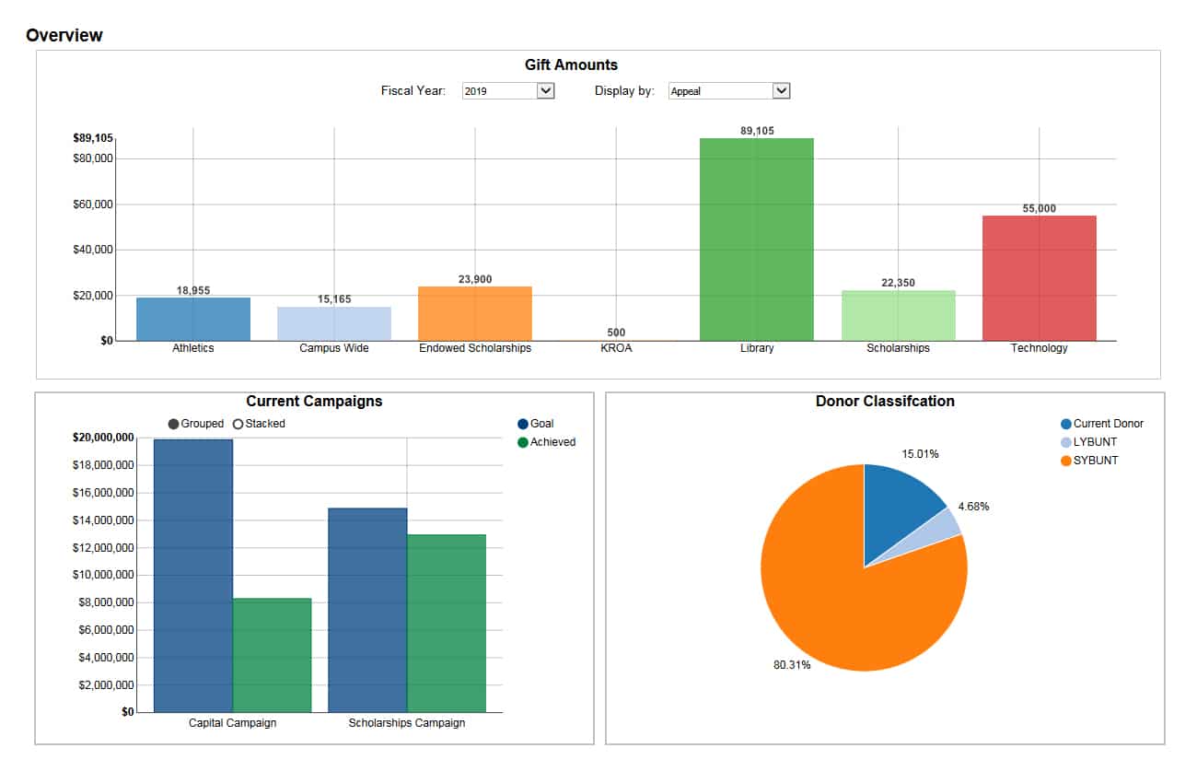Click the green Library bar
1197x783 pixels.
pyautogui.click(x=756, y=240)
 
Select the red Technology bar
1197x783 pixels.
pyautogui.click(x=1039, y=278)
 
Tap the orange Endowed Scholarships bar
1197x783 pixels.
pyautogui.click(x=474, y=313)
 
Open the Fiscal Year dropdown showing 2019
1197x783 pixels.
pyautogui.click(x=507, y=91)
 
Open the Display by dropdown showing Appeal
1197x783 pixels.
pyautogui.click(x=728, y=91)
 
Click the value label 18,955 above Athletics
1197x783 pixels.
pyautogui.click(x=193, y=290)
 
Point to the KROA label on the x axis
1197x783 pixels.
pyautogui.click(x=616, y=348)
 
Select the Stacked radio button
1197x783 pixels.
pyautogui.click(x=238, y=424)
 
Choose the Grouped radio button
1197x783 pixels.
pyautogui.click(x=174, y=424)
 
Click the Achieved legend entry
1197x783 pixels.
pyautogui.click(x=551, y=442)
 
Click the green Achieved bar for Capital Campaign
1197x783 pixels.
pyautogui.click(x=272, y=655)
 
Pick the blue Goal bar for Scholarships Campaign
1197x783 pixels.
pyautogui.click(x=367, y=610)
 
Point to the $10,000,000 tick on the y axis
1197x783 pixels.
pyautogui.click(x=103, y=575)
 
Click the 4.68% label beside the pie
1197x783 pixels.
pyautogui.click(x=973, y=506)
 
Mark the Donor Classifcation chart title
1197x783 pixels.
pyautogui.click(x=885, y=402)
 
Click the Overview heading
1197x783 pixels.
pyautogui.click(x=64, y=35)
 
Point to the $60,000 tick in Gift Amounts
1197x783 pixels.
pyautogui.click(x=93, y=204)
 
